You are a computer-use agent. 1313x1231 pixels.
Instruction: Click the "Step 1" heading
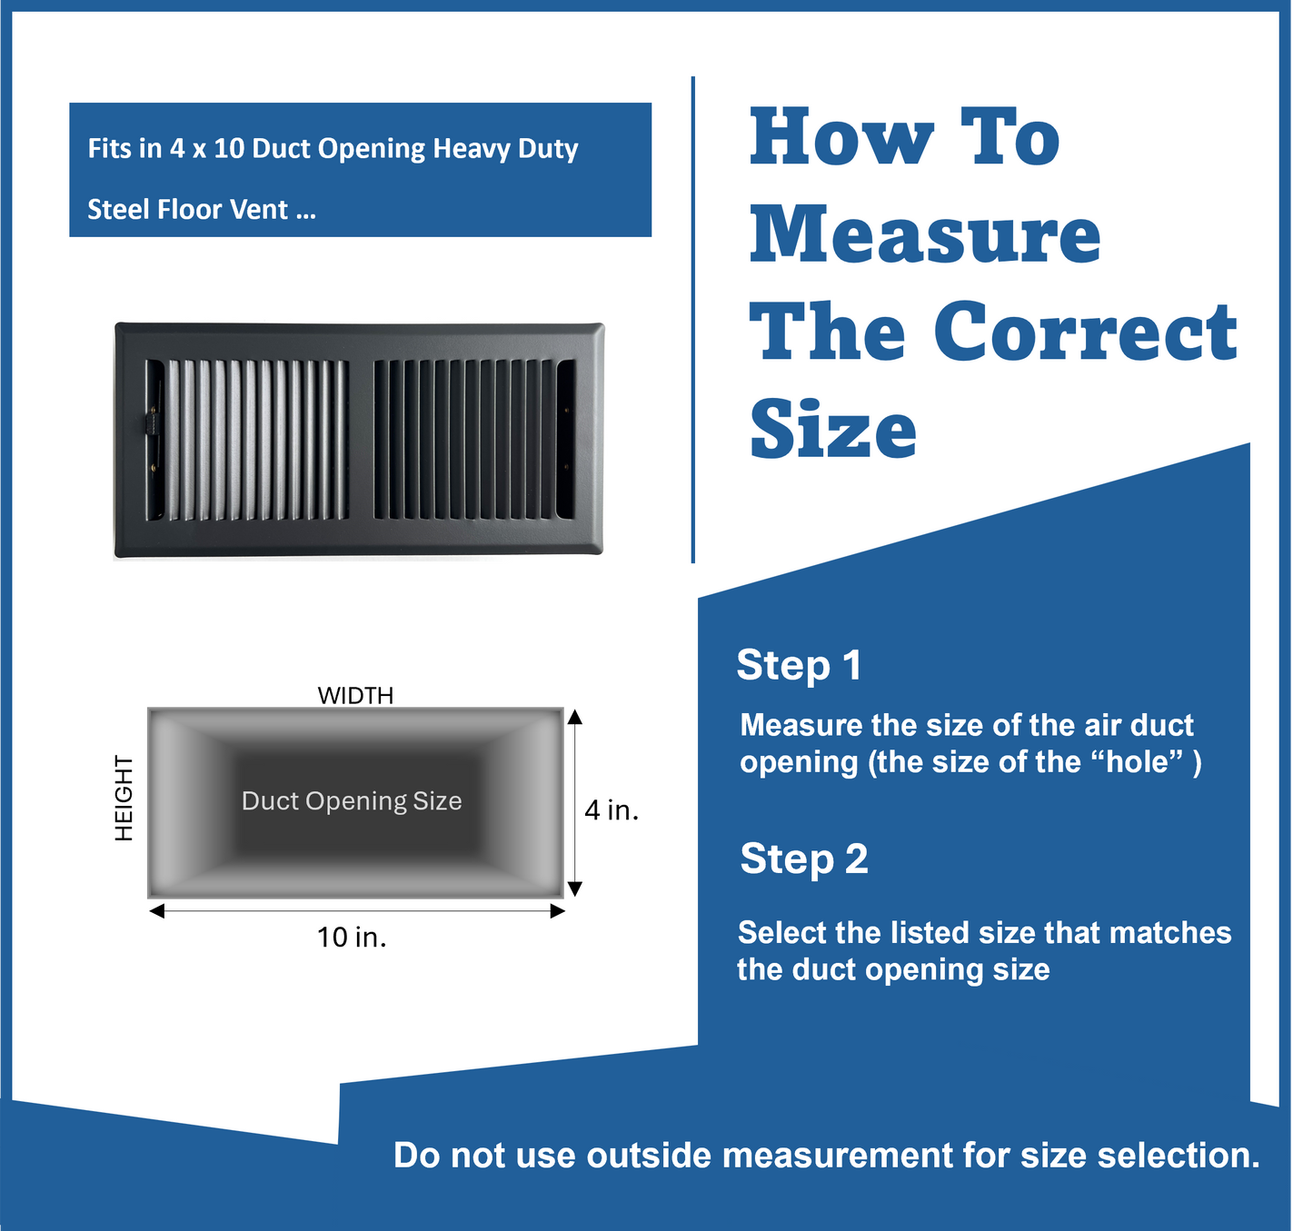(x=799, y=666)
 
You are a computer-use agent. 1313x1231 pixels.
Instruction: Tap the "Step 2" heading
(x=803, y=859)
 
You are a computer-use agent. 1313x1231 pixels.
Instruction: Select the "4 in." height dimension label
(x=612, y=810)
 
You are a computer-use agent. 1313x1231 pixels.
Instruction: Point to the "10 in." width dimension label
(x=352, y=938)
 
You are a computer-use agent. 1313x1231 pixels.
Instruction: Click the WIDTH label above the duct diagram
(x=355, y=696)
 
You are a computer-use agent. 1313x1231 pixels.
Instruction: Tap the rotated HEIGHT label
(x=124, y=798)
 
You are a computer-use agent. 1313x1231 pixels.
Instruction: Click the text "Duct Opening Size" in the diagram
(x=352, y=801)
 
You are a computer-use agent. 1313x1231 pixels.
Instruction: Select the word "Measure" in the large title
(x=925, y=234)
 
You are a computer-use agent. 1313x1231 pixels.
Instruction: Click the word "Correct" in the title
(x=1085, y=332)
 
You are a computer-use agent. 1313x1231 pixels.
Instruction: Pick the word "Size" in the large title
(x=833, y=430)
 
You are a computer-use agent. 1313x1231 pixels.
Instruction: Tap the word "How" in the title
(x=841, y=137)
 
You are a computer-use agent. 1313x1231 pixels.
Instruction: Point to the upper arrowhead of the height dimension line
(x=574, y=717)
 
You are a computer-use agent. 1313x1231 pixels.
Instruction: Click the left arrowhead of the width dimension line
(x=157, y=911)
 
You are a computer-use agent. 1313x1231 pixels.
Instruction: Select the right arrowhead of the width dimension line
(x=557, y=911)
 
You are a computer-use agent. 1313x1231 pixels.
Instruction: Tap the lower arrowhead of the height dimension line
(x=574, y=889)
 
